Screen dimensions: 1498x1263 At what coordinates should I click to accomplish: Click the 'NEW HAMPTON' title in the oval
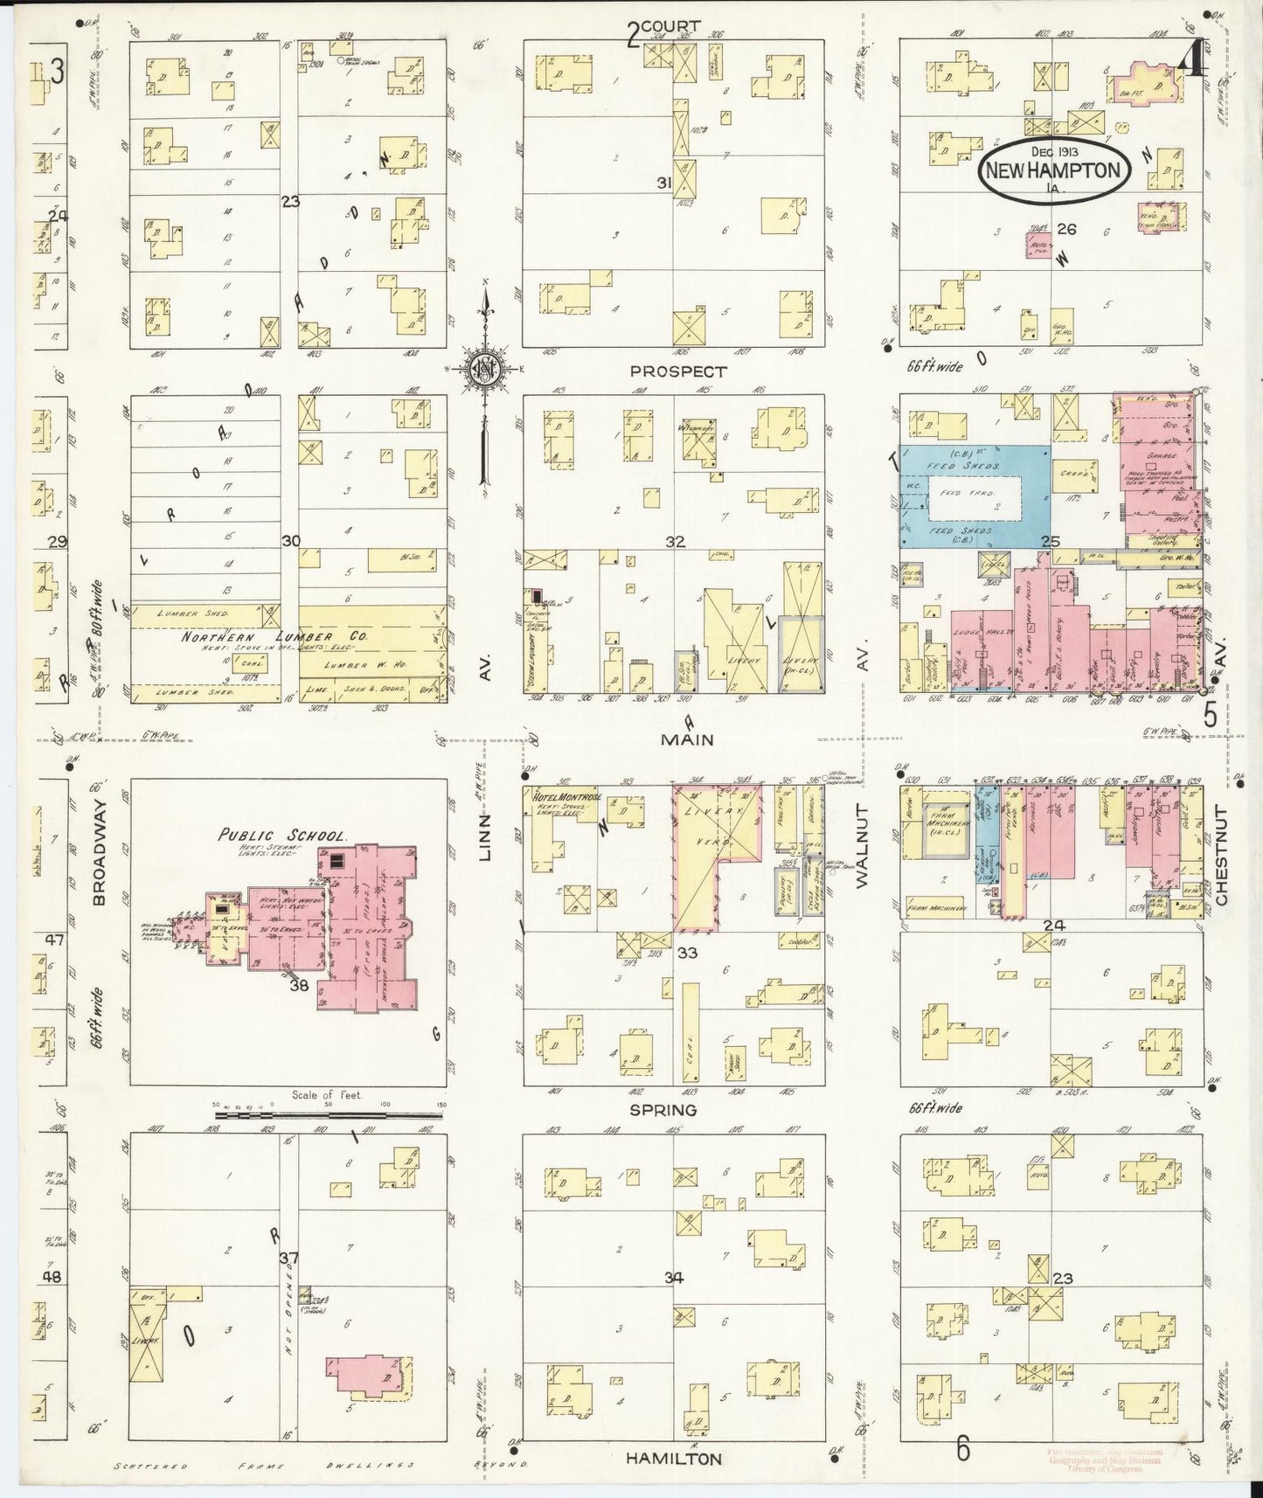coord(1052,170)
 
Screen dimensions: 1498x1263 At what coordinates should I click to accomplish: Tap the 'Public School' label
coord(282,835)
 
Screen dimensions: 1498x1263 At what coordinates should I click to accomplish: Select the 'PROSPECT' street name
coord(678,371)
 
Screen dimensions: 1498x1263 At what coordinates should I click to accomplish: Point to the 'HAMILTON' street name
coord(674,1459)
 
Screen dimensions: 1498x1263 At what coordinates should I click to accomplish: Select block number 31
coord(664,183)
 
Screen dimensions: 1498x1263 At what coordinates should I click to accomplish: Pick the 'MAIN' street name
coord(686,739)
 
